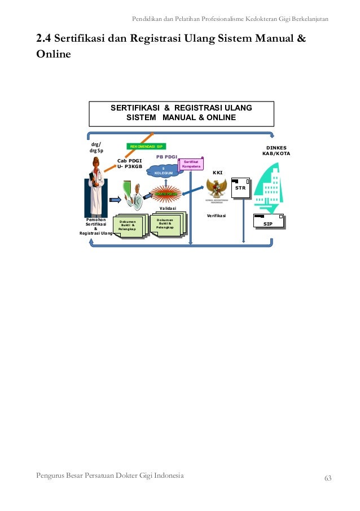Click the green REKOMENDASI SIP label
[x=146, y=146]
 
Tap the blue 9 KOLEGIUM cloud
[x=163, y=171]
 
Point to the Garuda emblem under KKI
[x=217, y=188]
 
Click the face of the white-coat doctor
[x=96, y=165]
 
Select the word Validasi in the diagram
[x=168, y=208]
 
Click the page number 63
[x=328, y=478]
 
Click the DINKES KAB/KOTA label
[x=276, y=151]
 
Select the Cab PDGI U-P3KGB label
[x=130, y=164]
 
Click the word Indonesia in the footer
[x=165, y=475]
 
